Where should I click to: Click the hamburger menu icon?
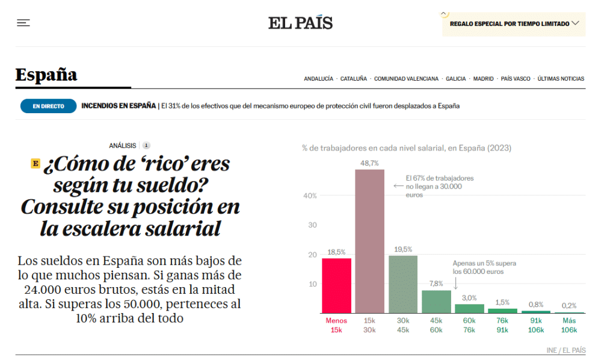pos(23,23)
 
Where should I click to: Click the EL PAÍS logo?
pos(300,23)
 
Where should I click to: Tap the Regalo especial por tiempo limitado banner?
pos(513,24)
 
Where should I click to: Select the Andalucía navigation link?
pos(318,79)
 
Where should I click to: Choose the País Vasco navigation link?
pos(516,79)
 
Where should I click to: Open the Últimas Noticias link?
pos(561,79)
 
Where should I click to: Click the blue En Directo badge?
pos(48,106)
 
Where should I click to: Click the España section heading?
pos(46,75)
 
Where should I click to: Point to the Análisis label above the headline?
pos(123,145)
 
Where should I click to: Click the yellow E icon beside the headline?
pos(35,163)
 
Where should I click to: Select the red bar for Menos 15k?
pos(336,285)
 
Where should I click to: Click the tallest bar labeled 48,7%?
pos(369,241)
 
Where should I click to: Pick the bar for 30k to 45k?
pos(403,284)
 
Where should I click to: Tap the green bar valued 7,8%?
pos(436,301)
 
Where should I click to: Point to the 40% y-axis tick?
pos(309,196)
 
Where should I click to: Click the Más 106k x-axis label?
pos(569,326)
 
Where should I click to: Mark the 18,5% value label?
pos(336,252)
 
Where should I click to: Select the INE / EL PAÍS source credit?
pos(565,350)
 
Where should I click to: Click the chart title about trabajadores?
pos(406,147)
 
